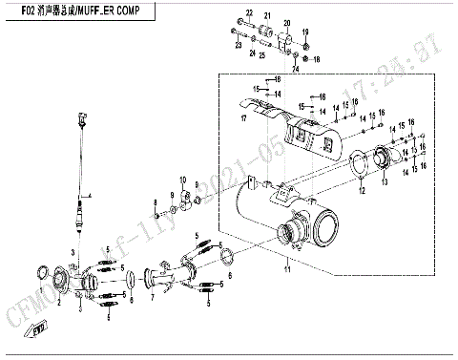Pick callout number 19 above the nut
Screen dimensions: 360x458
click(306, 33)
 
